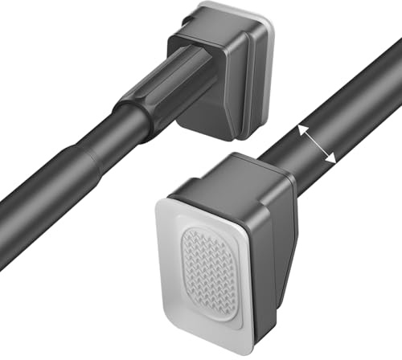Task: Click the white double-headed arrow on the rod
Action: (x=317, y=145)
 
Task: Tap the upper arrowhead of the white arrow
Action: (x=302, y=129)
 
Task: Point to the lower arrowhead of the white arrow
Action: (x=331, y=161)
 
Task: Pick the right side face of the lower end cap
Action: (x=281, y=241)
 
